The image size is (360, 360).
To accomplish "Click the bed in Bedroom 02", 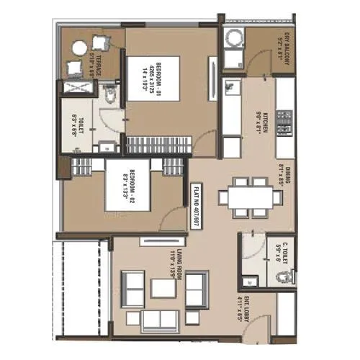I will (x=127, y=187).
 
